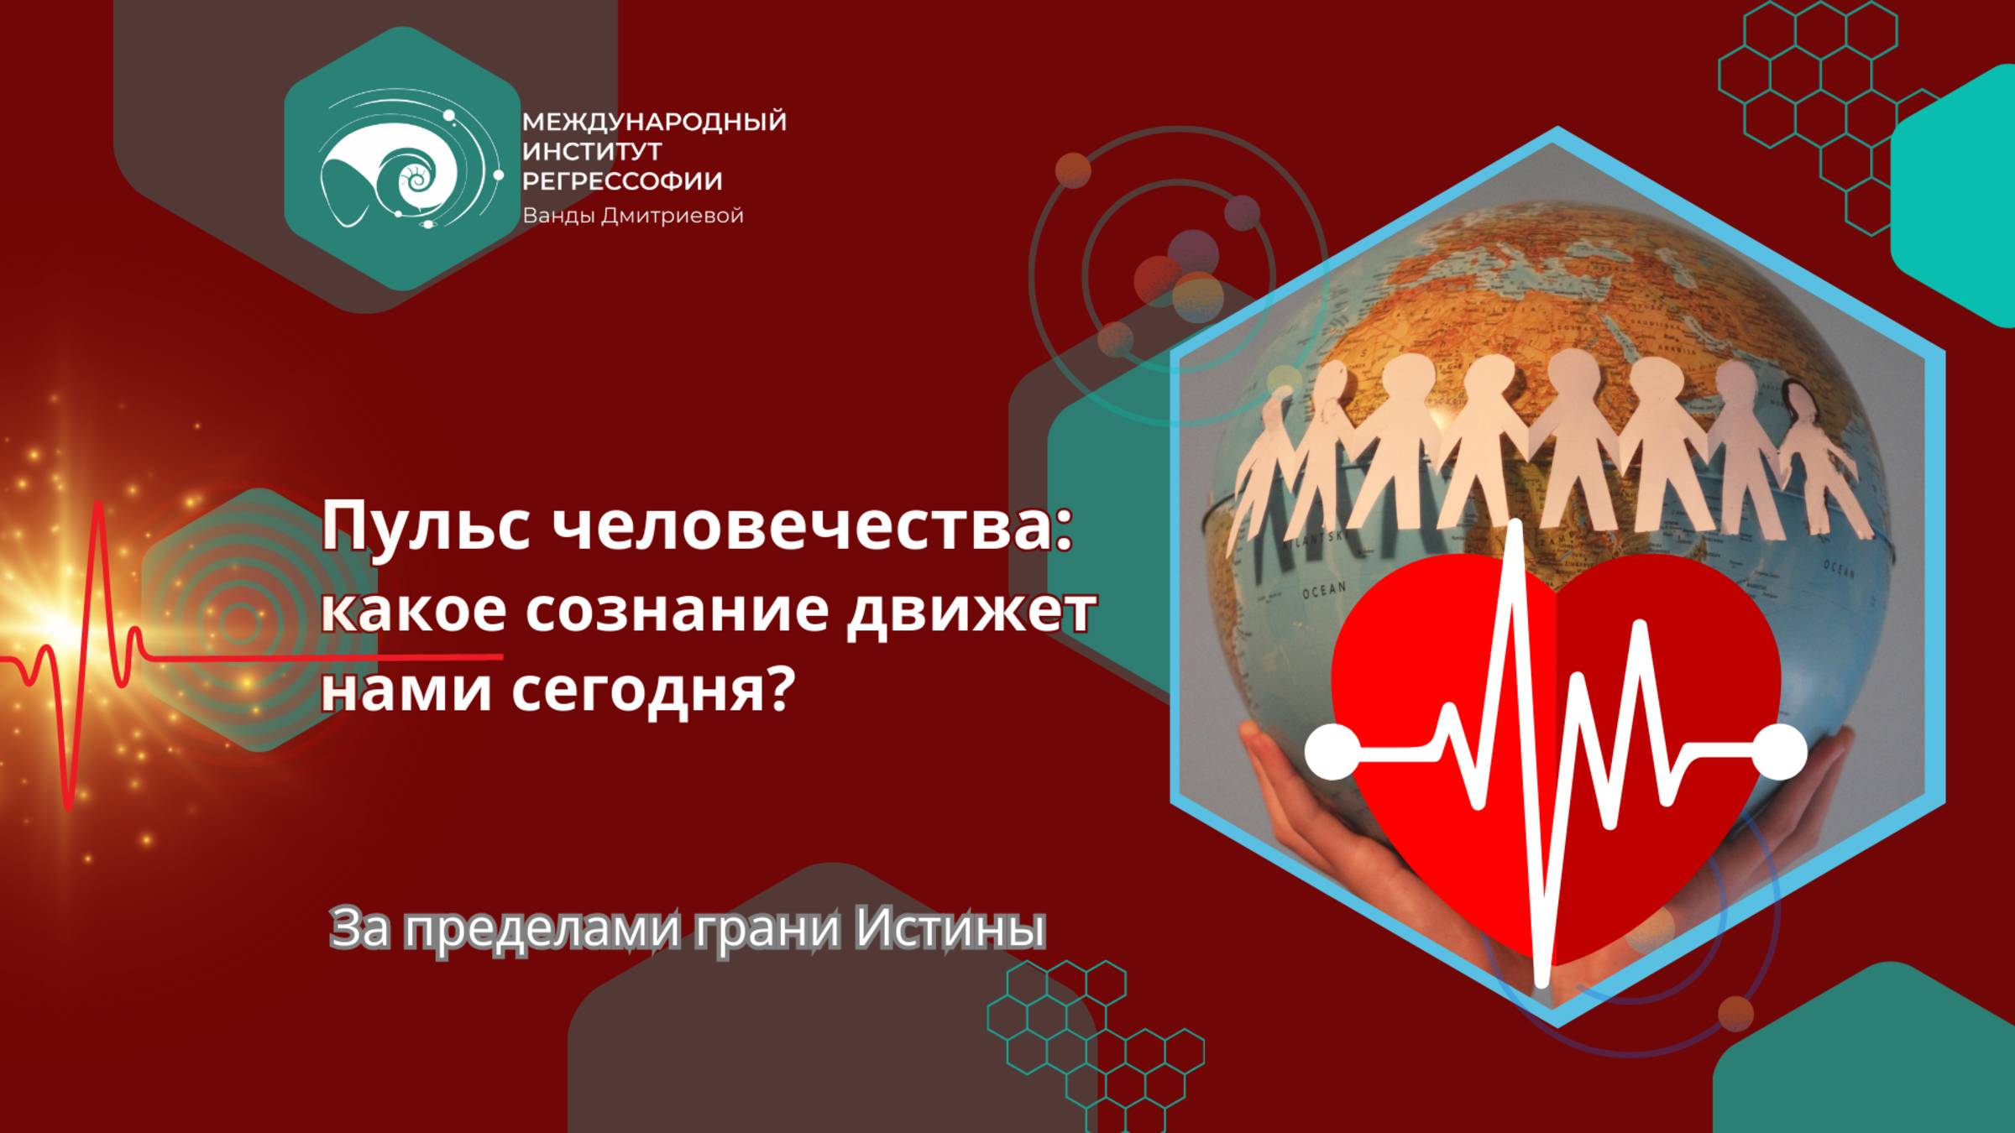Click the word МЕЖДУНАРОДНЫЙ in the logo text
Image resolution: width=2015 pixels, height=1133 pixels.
654,123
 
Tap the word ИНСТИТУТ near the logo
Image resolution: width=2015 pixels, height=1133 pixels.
592,152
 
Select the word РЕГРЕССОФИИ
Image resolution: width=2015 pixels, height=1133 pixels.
622,181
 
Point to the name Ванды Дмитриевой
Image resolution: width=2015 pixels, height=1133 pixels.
633,216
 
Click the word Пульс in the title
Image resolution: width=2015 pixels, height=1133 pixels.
427,528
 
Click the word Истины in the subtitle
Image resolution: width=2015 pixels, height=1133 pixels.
950,927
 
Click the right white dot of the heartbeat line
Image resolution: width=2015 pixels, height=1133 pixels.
1780,750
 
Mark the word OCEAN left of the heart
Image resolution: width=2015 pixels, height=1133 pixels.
1324,590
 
